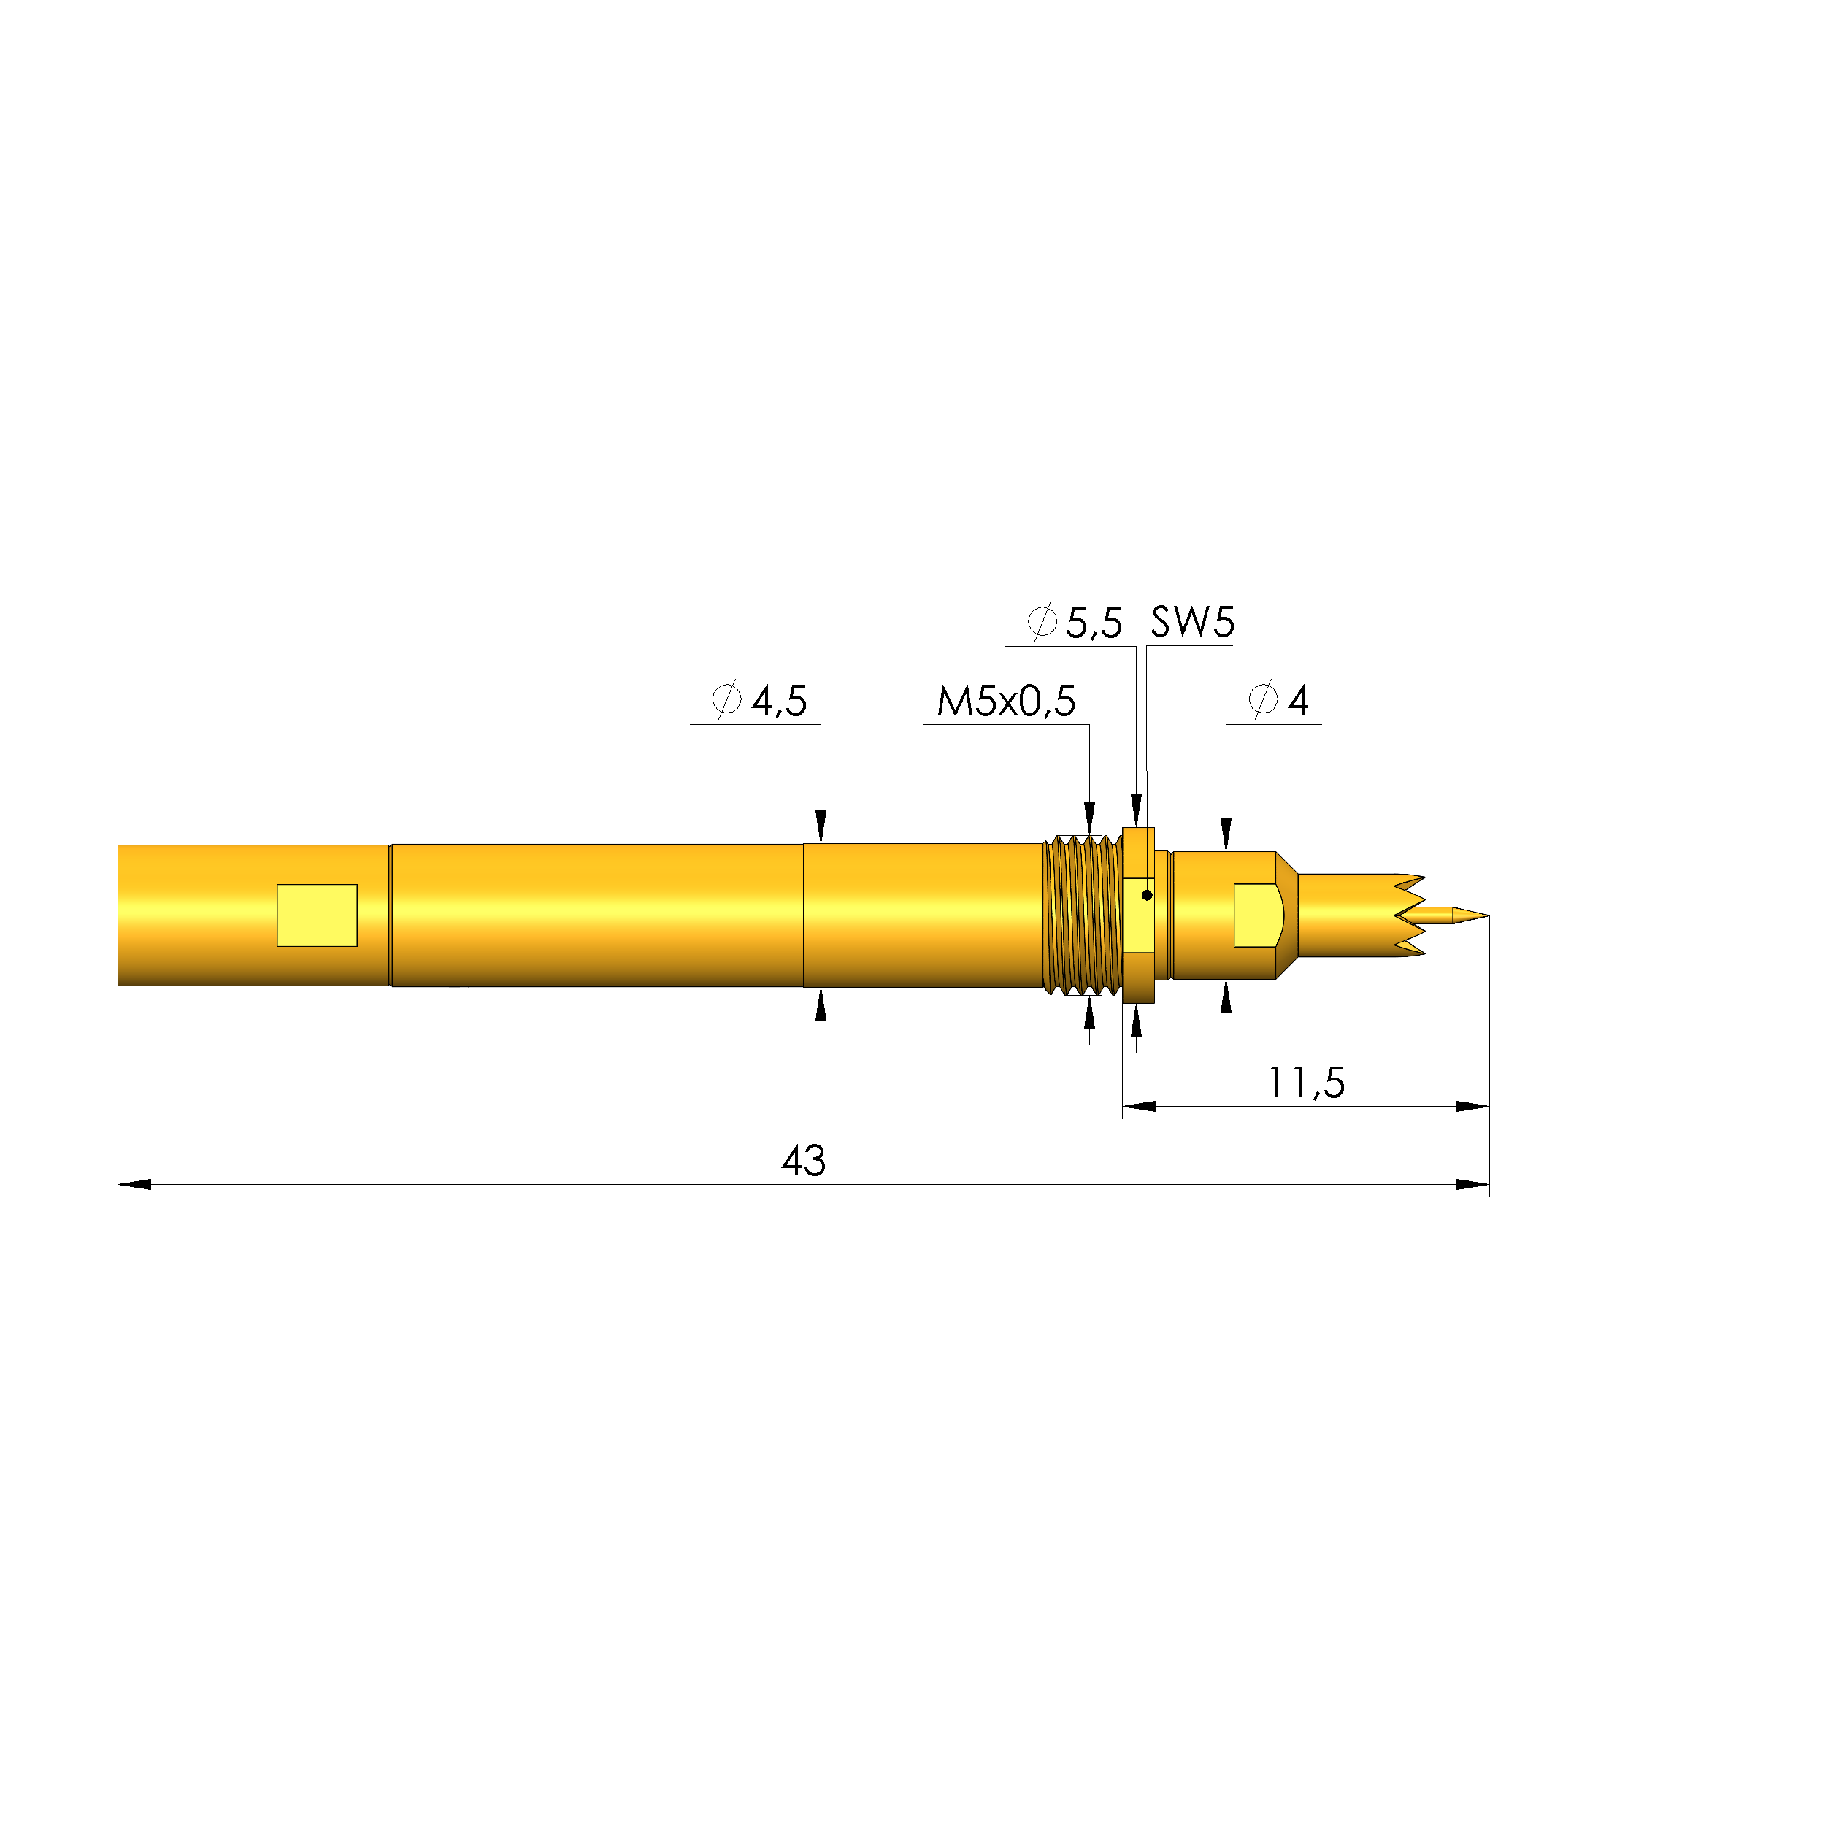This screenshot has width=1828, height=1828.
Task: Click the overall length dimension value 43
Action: click(x=803, y=1161)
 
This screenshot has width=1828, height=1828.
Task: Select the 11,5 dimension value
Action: click(x=1306, y=1083)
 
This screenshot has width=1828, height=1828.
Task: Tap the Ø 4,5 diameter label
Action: click(x=760, y=701)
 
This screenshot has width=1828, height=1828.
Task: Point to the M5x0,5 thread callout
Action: click(x=1006, y=701)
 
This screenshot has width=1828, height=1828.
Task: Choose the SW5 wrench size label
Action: click(x=1192, y=623)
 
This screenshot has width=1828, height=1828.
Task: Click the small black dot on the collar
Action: click(x=1147, y=895)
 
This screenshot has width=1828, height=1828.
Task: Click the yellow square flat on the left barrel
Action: click(x=317, y=915)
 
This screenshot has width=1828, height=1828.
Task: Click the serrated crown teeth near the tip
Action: click(x=1410, y=915)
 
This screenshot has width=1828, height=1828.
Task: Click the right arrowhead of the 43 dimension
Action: click(x=1473, y=1185)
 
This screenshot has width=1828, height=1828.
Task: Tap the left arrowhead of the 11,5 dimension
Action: click(x=1139, y=1106)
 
